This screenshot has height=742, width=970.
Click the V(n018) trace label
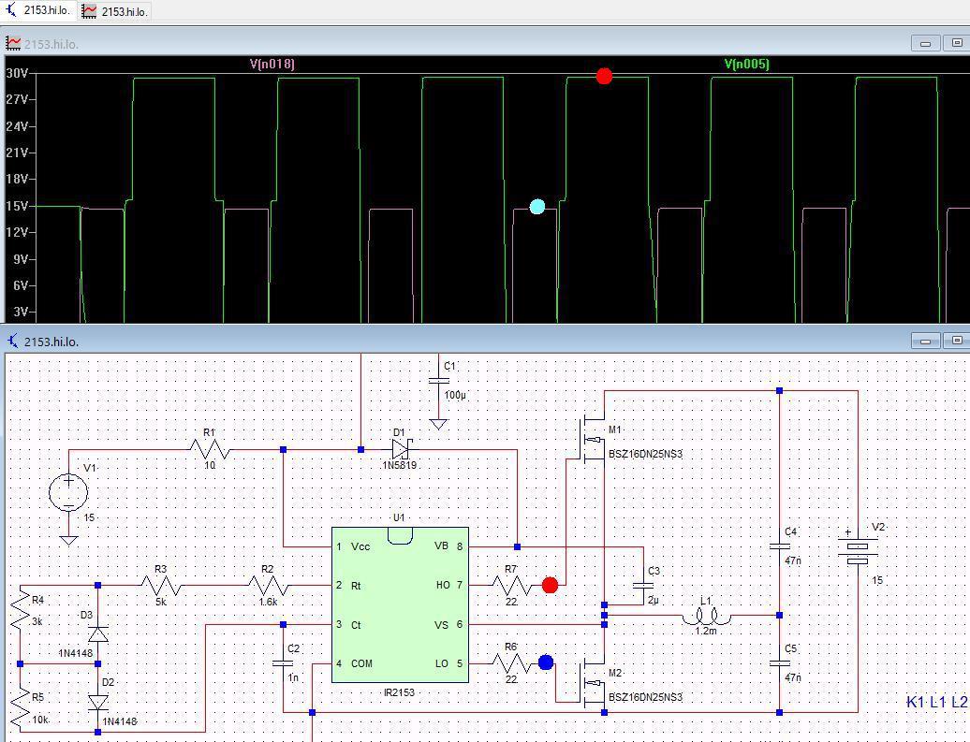coord(272,64)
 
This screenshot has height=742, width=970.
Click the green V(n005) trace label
coord(746,64)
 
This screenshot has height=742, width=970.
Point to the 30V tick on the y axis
coord(17,73)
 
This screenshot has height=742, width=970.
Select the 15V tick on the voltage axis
coord(17,206)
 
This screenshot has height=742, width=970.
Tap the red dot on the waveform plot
coord(605,76)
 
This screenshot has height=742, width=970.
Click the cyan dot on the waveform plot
coord(537,207)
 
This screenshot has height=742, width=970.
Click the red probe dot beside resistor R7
coord(550,585)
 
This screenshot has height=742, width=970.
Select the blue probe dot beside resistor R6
coord(546,662)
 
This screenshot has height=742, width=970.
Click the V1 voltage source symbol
coord(68,492)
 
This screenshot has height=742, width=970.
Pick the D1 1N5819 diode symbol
coord(401,449)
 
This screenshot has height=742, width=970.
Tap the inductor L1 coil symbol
coord(707,617)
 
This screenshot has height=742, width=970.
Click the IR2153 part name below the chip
coord(399,691)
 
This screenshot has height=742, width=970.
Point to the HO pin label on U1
coord(443,585)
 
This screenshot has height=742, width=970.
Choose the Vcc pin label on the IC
coord(360,546)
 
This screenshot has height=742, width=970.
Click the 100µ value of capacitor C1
coord(455,395)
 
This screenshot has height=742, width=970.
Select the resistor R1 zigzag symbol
coord(210,449)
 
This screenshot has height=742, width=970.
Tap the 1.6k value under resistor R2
coord(268,602)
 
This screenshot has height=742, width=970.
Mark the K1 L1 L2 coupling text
coord(936,702)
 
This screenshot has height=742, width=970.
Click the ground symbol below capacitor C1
coord(438,425)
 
